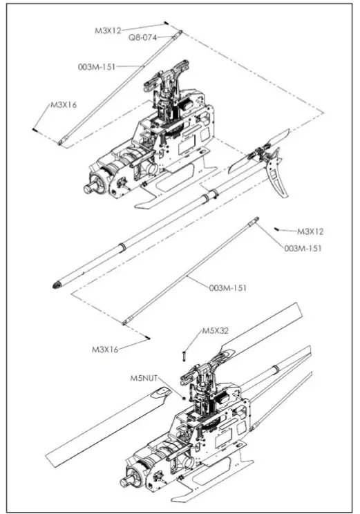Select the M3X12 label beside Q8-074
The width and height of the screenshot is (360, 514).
pos(108,30)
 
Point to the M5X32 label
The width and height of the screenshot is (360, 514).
pos(216,330)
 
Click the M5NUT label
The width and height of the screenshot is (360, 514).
pos(144,378)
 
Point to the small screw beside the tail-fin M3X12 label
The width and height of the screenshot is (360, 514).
pos(277,227)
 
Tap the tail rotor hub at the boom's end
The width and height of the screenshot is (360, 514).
pos(259,153)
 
